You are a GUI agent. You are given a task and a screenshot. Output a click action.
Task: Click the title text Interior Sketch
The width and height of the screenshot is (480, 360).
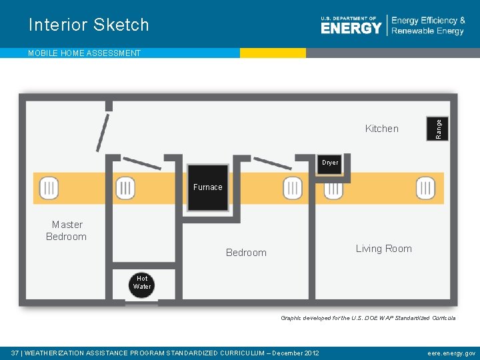coord(89,25)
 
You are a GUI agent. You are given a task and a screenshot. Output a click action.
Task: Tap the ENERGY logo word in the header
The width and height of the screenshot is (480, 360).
coord(351,27)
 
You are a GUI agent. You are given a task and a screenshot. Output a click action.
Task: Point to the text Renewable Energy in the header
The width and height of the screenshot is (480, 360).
coord(428,31)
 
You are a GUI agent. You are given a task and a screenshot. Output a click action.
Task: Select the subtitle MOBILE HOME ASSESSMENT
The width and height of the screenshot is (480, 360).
coord(84,53)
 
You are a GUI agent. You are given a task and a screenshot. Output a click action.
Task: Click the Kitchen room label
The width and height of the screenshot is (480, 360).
coord(381,129)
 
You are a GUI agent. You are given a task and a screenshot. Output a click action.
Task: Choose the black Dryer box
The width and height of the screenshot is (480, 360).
coord(330,163)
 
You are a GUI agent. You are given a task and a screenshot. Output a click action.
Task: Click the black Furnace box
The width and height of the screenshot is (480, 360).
coord(207,187)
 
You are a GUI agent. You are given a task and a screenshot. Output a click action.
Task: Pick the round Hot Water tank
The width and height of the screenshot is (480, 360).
coord(142,283)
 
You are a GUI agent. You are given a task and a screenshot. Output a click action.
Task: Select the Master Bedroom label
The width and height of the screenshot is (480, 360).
coord(67,231)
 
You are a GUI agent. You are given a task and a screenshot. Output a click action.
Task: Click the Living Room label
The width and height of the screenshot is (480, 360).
coord(383,249)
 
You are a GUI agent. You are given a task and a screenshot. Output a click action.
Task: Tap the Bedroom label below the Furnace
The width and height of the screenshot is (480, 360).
coord(246,253)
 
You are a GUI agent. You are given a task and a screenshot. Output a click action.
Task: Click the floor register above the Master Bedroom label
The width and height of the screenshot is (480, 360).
coord(49,189)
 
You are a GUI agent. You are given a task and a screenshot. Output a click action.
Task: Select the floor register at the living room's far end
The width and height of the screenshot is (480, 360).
coord(425,189)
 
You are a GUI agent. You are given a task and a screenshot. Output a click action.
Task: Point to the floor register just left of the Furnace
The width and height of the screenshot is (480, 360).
coord(125,189)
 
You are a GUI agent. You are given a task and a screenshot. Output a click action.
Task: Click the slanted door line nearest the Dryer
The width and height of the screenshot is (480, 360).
coord(273,163)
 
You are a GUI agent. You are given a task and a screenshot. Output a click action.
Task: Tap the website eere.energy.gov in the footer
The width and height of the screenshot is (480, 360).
coord(451,353)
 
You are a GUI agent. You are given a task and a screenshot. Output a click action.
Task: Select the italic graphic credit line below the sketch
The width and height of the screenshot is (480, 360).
coord(368,318)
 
